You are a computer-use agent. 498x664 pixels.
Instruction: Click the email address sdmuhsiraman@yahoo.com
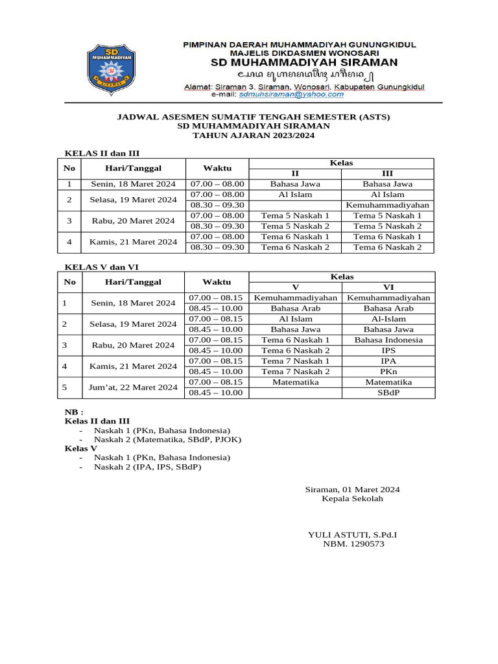291,94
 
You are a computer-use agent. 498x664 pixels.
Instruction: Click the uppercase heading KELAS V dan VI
101,267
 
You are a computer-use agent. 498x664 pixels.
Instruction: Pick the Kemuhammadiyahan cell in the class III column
388,205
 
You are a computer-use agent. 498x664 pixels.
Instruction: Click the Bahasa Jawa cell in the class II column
295,184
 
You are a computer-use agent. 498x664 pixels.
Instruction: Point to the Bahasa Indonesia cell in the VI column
388,340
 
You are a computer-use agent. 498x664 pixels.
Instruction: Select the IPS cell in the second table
388,350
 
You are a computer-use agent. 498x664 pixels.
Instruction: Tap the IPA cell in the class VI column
388,361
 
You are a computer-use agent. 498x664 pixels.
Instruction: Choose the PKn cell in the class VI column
388,372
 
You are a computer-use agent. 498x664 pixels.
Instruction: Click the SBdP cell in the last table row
388,392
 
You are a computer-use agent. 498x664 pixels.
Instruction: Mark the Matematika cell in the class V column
295,382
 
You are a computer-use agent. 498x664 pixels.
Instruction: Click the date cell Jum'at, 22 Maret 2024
133,387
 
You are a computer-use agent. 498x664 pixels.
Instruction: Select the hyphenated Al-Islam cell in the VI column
388,319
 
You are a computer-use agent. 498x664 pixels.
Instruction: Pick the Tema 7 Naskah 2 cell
295,372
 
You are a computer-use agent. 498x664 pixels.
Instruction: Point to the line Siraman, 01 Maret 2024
352,489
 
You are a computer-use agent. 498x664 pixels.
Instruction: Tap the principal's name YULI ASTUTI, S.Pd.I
352,534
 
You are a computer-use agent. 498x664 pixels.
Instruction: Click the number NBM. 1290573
353,544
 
